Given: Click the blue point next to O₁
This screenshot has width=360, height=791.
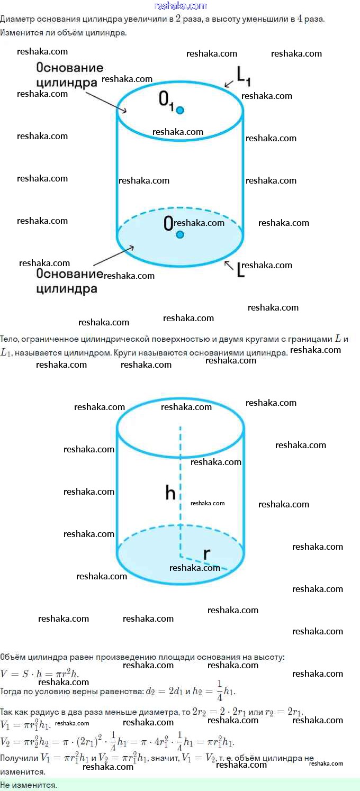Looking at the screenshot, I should tap(180, 110).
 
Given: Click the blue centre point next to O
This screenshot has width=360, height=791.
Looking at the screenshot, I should tap(180, 234).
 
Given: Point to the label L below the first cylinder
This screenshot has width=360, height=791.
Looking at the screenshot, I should tap(240, 270).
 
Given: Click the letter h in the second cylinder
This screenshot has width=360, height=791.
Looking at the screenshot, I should tap(170, 493).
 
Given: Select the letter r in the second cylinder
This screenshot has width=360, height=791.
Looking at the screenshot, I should tap(207, 553).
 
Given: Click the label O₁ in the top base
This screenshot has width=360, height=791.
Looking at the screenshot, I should tap(166, 101).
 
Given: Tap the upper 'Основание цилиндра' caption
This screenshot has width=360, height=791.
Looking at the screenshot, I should tap(69, 75).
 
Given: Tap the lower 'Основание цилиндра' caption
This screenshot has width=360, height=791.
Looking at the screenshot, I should tap(69, 281).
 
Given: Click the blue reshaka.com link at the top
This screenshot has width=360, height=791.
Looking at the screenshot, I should tap(180, 6).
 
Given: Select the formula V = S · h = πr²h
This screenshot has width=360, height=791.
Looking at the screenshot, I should tap(40, 674).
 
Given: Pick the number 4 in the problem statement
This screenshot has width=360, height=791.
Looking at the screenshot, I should tap(300, 19).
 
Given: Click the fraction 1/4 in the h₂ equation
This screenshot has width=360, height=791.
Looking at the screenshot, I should tap(220, 691).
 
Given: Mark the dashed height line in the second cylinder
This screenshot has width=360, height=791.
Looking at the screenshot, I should tap(180, 476).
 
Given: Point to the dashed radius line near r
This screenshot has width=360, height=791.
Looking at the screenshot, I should tap(204, 563).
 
